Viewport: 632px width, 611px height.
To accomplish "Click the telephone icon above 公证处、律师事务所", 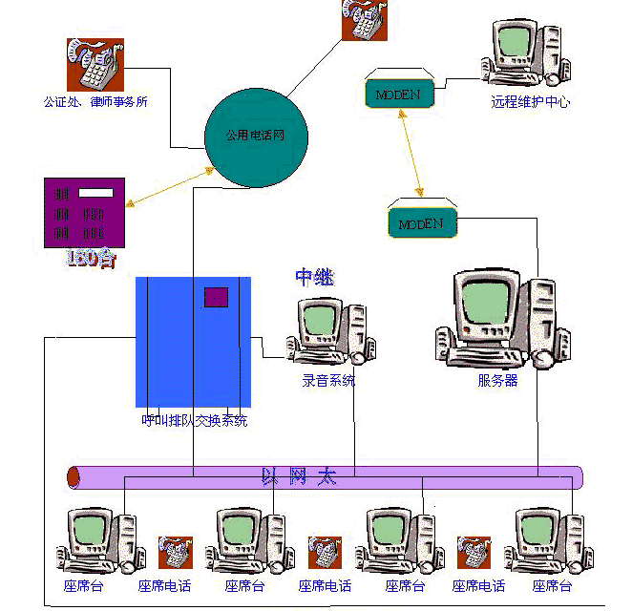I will pyautogui.click(x=95, y=64).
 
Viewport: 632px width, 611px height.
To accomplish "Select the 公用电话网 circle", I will pyautogui.click(x=255, y=137).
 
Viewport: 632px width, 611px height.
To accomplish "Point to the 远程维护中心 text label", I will pyautogui.click(x=530, y=101).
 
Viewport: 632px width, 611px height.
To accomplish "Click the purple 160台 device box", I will pyautogui.click(x=85, y=213).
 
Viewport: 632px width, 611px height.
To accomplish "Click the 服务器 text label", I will pyautogui.click(x=497, y=380).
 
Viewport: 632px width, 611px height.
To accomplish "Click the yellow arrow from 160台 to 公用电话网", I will pyautogui.click(x=169, y=186).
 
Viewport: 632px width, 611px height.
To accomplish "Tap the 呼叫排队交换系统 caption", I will pyautogui.click(x=194, y=420).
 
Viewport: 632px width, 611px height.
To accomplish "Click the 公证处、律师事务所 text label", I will pyautogui.click(x=95, y=101).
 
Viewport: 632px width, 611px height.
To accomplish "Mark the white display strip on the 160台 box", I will pyautogui.click(x=95, y=193).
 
